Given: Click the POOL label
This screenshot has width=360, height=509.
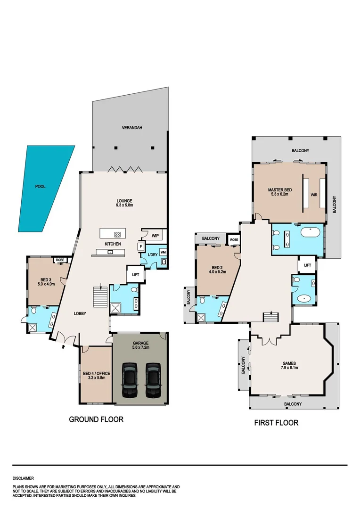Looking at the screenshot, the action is point(40,187).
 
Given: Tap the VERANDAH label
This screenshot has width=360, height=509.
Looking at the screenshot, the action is point(132,128).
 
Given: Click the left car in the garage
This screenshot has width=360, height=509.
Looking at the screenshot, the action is point(129,380).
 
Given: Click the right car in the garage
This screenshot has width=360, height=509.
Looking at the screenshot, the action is point(153,380).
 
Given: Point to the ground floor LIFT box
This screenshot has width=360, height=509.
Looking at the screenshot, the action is point(135,275).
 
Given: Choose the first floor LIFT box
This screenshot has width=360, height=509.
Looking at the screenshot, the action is point(307,265).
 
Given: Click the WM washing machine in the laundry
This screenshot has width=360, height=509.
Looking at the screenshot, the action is point(163,252).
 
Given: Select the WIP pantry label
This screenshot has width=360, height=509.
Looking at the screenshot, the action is point(155,235).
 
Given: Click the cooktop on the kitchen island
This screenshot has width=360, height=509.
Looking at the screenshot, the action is point(117,234).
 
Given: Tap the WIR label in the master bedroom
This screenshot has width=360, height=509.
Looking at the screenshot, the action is point(313,195).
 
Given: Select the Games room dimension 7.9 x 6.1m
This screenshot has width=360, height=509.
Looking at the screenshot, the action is point(289,368).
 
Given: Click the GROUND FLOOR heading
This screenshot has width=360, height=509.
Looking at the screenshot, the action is point(96,419).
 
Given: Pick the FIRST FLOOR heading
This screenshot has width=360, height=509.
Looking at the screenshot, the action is point(276,423).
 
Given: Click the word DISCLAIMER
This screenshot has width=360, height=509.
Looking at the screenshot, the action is point(23,478).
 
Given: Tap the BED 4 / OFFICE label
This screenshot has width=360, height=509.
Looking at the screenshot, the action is point(97,374).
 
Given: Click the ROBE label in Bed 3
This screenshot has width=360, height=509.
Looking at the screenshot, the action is point(59,260).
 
